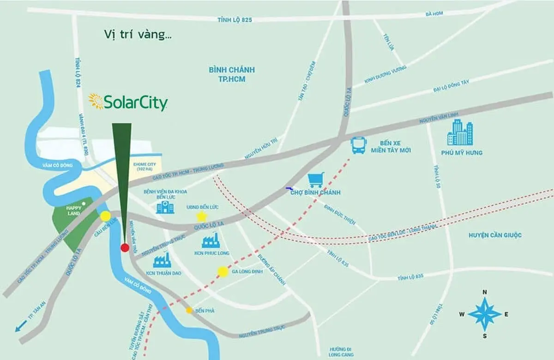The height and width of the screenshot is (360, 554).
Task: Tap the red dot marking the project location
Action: click(125, 248)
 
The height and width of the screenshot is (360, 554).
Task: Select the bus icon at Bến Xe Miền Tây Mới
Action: click(359, 145)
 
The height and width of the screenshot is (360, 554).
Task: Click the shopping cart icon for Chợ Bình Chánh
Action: click(316, 180)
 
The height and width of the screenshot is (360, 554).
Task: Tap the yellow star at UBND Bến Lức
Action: click(201, 216)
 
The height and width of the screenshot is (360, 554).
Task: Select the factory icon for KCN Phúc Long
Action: click(211, 240)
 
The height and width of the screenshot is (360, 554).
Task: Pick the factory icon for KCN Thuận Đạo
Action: click(162, 260)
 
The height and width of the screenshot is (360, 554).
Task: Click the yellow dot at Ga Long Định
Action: click(223, 272)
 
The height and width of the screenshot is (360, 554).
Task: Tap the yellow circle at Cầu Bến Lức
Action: click(106, 216)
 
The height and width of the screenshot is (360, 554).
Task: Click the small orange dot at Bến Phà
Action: click(189, 311)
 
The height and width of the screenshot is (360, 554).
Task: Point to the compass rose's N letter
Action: click(485, 292)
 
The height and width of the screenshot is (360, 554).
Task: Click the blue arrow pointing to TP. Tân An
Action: click(20, 326)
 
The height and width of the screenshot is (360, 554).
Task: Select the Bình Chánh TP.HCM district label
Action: click(226, 74)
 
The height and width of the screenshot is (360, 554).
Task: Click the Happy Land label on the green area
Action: click(74, 210)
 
